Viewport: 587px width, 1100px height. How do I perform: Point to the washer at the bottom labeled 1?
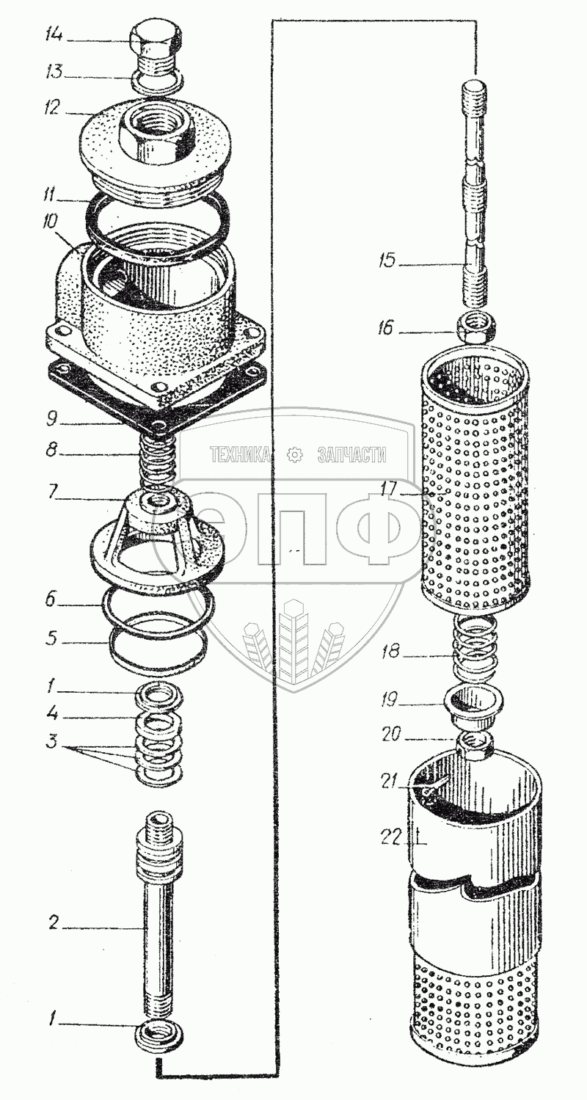point(159,1038)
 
